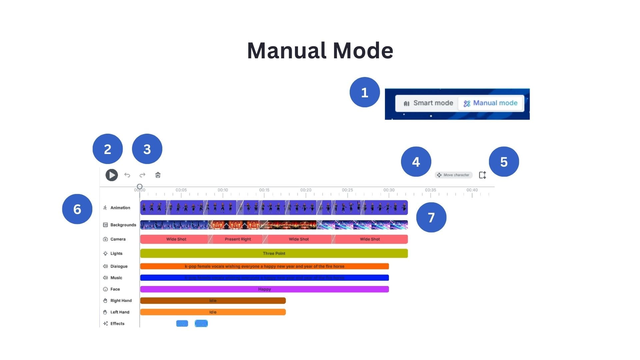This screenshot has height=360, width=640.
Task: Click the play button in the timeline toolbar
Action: (112, 175)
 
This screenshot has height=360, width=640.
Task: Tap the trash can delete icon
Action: (158, 175)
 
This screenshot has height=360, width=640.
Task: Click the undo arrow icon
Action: (127, 175)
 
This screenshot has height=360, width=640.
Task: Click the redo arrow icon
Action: (142, 175)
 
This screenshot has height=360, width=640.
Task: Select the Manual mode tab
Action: (490, 103)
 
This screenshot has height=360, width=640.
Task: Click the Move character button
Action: (453, 175)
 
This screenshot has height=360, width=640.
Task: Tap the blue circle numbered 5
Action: (504, 162)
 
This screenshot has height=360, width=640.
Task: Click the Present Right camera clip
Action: (238, 239)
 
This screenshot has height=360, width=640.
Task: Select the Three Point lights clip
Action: (274, 253)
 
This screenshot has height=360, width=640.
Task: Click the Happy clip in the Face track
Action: (264, 289)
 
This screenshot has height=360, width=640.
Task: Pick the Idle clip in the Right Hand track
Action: (213, 301)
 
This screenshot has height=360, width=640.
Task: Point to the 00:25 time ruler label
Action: (347, 190)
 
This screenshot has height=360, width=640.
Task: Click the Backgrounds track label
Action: (123, 225)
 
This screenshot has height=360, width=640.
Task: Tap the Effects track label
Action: (117, 324)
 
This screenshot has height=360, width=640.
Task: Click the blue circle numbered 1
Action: (365, 92)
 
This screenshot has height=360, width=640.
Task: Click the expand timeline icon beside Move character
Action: (482, 175)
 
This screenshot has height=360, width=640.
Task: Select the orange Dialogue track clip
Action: (264, 266)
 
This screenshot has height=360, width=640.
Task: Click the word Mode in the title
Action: (363, 51)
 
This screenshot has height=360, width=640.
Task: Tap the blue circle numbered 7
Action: (431, 217)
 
